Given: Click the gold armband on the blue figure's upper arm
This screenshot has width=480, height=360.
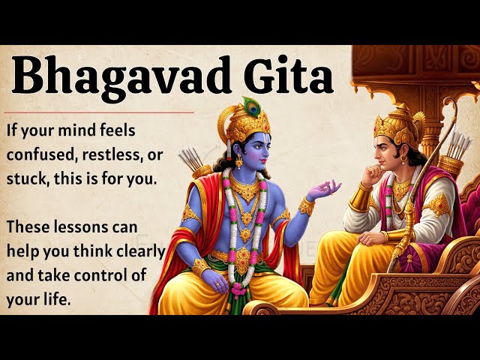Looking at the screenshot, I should point(192,214).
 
